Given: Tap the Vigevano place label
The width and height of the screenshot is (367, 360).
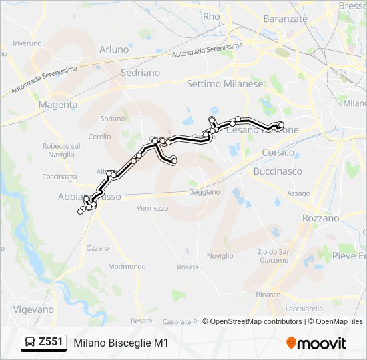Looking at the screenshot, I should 33,309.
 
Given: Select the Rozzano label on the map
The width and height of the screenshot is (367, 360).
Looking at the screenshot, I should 320,218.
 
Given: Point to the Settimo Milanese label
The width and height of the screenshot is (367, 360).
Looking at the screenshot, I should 225,84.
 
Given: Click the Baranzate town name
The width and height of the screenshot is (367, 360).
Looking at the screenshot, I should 285,19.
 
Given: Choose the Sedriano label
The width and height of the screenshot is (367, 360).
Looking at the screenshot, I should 141,72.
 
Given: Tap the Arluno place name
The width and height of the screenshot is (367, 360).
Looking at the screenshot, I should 114,49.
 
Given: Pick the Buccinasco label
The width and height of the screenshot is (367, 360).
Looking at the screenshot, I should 278,171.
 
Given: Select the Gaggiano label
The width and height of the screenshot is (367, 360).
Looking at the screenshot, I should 204,191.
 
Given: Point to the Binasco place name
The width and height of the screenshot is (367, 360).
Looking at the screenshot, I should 268,294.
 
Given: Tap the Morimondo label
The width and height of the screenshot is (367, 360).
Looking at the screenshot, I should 127,266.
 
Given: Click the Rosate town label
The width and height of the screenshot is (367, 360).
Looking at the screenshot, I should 188,267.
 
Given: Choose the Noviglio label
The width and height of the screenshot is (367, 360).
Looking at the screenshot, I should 220,255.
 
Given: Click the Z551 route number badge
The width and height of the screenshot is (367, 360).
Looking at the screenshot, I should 51,343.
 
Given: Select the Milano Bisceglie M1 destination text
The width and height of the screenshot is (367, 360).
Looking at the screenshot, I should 121,343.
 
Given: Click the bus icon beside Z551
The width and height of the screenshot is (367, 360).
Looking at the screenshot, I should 31,343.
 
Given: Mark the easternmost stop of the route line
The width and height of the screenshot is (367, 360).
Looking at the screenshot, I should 281,125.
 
